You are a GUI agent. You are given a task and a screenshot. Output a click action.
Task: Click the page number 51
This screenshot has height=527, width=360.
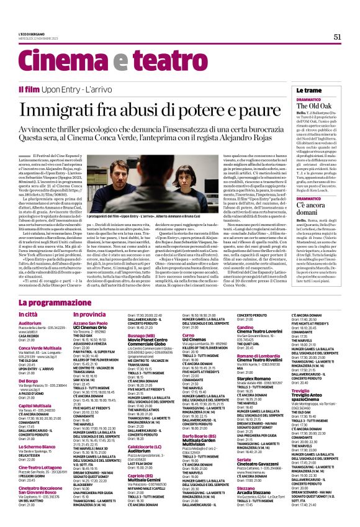coord(337,37)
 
